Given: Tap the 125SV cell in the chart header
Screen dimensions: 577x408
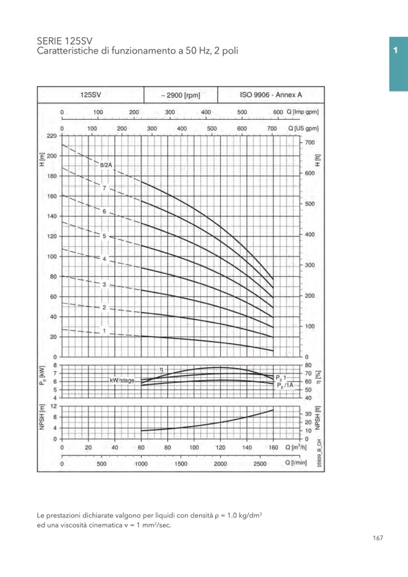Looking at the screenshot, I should coord(91,95).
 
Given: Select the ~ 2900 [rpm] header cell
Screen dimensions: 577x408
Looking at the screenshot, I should coord(180,95).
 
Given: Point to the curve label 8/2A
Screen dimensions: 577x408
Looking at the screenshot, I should coord(106,164).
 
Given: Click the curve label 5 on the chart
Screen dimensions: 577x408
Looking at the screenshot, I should coord(104,236).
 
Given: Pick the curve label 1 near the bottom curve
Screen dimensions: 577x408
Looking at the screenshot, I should coord(104,331).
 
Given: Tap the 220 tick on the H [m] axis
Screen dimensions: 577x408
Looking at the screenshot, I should coord(52,136).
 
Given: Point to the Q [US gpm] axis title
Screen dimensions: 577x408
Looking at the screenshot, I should coord(304,129).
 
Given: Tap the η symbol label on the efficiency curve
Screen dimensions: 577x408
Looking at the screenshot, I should coord(162,369).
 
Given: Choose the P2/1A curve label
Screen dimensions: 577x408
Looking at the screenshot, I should coord(285,385).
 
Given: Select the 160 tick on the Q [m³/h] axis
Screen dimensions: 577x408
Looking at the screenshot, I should coord(273,448).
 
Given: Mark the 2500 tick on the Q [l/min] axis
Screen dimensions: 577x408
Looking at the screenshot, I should coord(260,464).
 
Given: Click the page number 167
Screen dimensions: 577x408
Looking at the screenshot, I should coord(377,538).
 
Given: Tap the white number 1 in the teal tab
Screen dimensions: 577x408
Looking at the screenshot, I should coord(395,51).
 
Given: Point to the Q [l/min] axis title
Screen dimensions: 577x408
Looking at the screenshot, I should coord(297,463).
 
